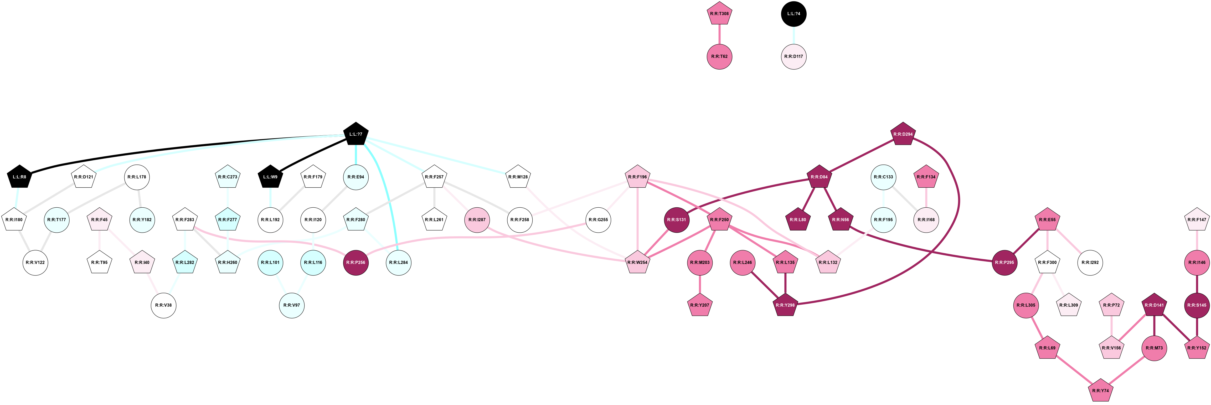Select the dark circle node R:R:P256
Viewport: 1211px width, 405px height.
[x=355, y=263]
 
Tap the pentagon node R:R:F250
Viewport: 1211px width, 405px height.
[x=719, y=220]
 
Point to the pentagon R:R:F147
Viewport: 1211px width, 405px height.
[x=1197, y=220]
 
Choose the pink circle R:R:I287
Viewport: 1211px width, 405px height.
[x=477, y=220]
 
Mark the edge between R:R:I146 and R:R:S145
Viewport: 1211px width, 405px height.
[x=1197, y=284]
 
